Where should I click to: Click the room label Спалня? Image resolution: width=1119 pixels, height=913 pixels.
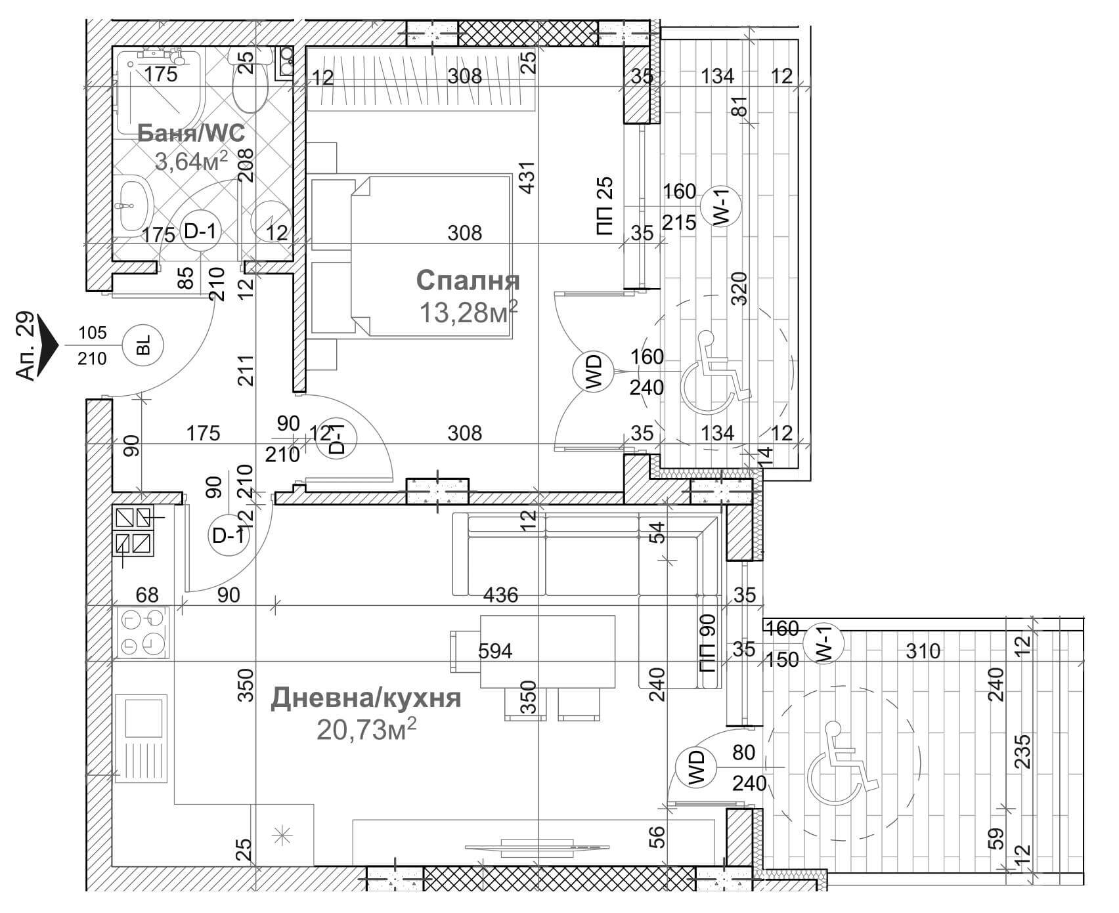click(468, 280)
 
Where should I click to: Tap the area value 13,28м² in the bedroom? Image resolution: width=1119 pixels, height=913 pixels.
click(468, 312)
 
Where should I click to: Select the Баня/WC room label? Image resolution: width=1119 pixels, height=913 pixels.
click(191, 133)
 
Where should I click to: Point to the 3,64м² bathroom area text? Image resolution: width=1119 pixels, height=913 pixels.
click(191, 160)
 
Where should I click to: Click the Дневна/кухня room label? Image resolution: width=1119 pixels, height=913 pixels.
click(366, 698)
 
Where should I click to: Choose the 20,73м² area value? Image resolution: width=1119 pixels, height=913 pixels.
click(367, 729)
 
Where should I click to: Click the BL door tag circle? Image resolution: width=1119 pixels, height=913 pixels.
click(144, 345)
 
